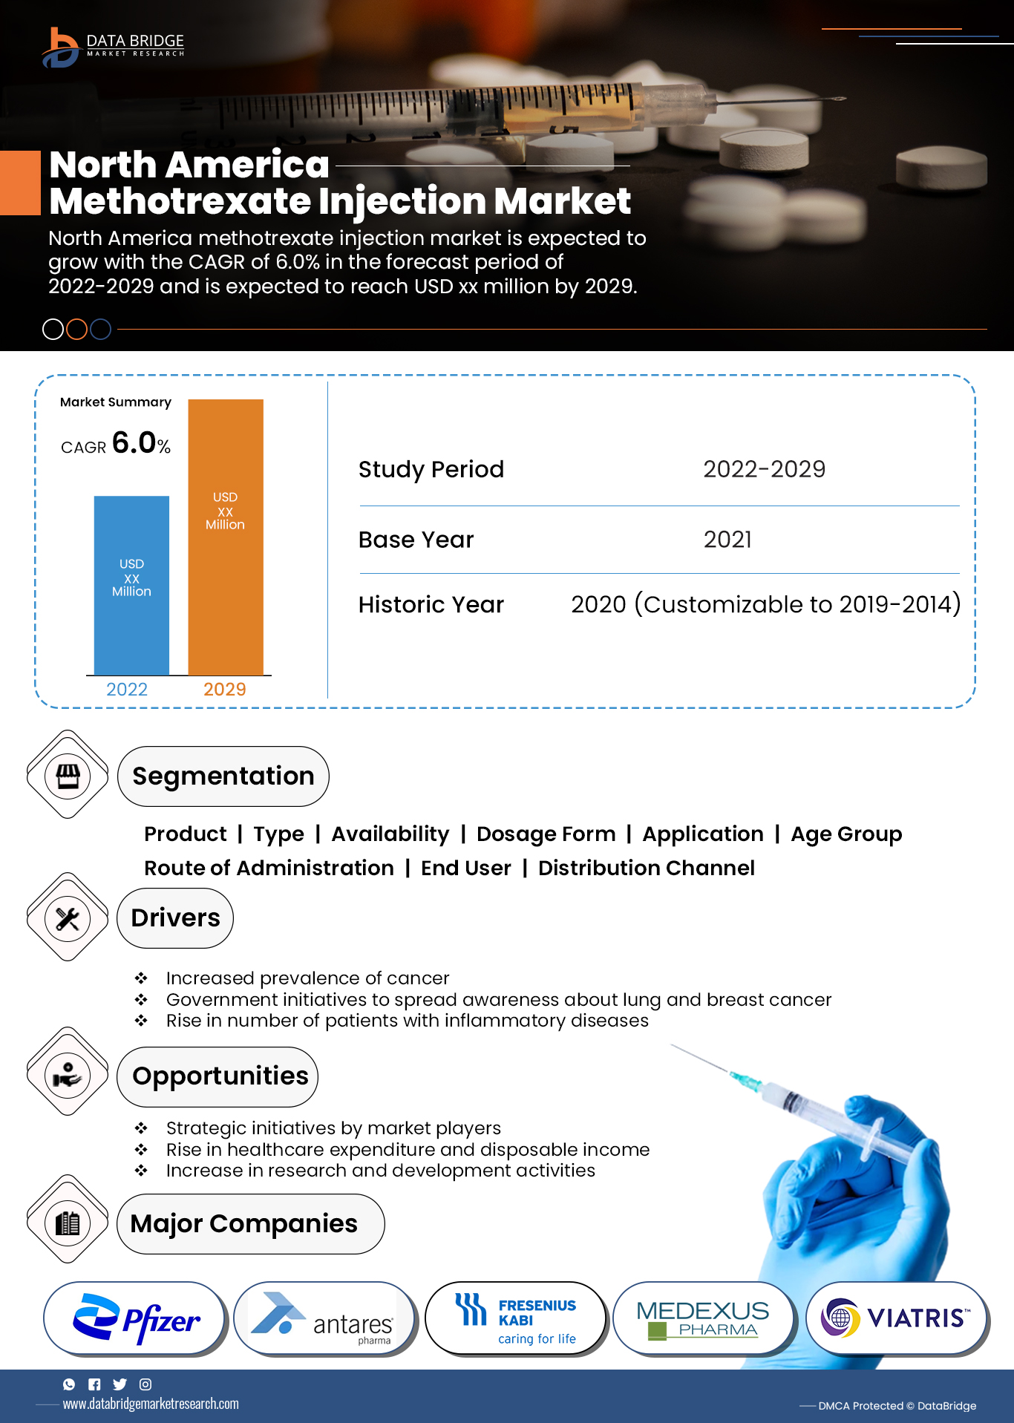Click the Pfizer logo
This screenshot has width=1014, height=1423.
[135, 1319]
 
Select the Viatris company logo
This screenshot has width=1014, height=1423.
[896, 1318]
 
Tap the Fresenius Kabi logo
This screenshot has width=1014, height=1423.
[515, 1319]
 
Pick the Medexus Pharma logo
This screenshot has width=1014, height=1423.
[702, 1319]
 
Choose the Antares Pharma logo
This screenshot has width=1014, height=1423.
[324, 1319]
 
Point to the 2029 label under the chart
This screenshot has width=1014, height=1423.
[224, 690]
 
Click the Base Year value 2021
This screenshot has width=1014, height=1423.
[727, 540]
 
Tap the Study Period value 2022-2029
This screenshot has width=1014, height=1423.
[764, 469]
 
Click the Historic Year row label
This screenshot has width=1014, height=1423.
[431, 605]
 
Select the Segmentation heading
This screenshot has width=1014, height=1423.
[223, 776]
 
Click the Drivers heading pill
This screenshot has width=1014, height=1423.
[175, 918]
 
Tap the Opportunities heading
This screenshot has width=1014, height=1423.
[220, 1076]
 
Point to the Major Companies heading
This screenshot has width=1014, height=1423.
[243, 1224]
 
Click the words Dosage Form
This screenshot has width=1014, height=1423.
[546, 834]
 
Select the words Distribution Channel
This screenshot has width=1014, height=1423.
[646, 868]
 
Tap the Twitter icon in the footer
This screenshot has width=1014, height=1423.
[120, 1384]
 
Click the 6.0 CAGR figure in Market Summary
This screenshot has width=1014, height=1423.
[134, 443]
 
